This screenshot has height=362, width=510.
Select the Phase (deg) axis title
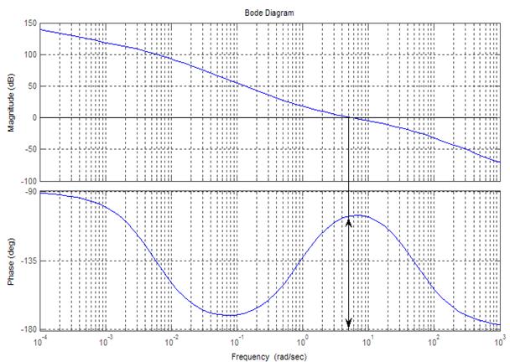pos(9,261)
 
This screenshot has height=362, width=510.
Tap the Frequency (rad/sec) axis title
pos(269,356)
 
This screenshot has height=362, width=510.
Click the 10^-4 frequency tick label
pos(39,342)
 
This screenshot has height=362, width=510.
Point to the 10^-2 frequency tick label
pos(171,342)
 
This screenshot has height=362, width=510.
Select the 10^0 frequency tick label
pos(303,342)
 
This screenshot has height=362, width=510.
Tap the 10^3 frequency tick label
pos(500,342)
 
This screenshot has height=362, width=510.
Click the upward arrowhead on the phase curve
pos(348,223)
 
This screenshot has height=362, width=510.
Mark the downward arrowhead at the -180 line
pos(348,324)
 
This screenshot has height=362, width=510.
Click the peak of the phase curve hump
pos(358,215)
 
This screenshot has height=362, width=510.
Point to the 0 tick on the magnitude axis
pos(32,117)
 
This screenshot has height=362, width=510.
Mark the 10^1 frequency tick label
pos(368,342)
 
